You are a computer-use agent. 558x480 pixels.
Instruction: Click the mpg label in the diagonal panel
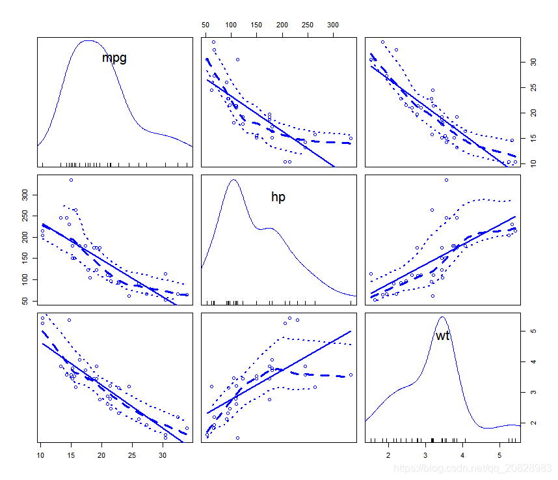tap(114, 58)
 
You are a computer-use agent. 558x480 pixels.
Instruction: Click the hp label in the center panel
tap(278, 197)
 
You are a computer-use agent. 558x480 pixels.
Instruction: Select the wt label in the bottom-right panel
tap(442, 335)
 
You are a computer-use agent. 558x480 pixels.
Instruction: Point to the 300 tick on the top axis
tap(332, 24)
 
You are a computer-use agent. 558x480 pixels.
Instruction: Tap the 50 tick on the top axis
tap(206, 24)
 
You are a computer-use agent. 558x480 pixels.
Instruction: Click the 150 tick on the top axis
tap(256, 24)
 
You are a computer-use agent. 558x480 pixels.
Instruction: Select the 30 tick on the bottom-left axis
tap(163, 454)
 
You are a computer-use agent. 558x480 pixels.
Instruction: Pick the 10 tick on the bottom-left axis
tap(41, 454)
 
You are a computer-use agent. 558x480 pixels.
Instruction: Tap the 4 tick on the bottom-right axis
tap(462, 454)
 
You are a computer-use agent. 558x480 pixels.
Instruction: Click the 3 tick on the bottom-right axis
tap(425, 454)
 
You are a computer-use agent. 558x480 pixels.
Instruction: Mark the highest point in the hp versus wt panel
tap(446, 180)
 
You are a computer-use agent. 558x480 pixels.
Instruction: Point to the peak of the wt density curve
tap(442, 317)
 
